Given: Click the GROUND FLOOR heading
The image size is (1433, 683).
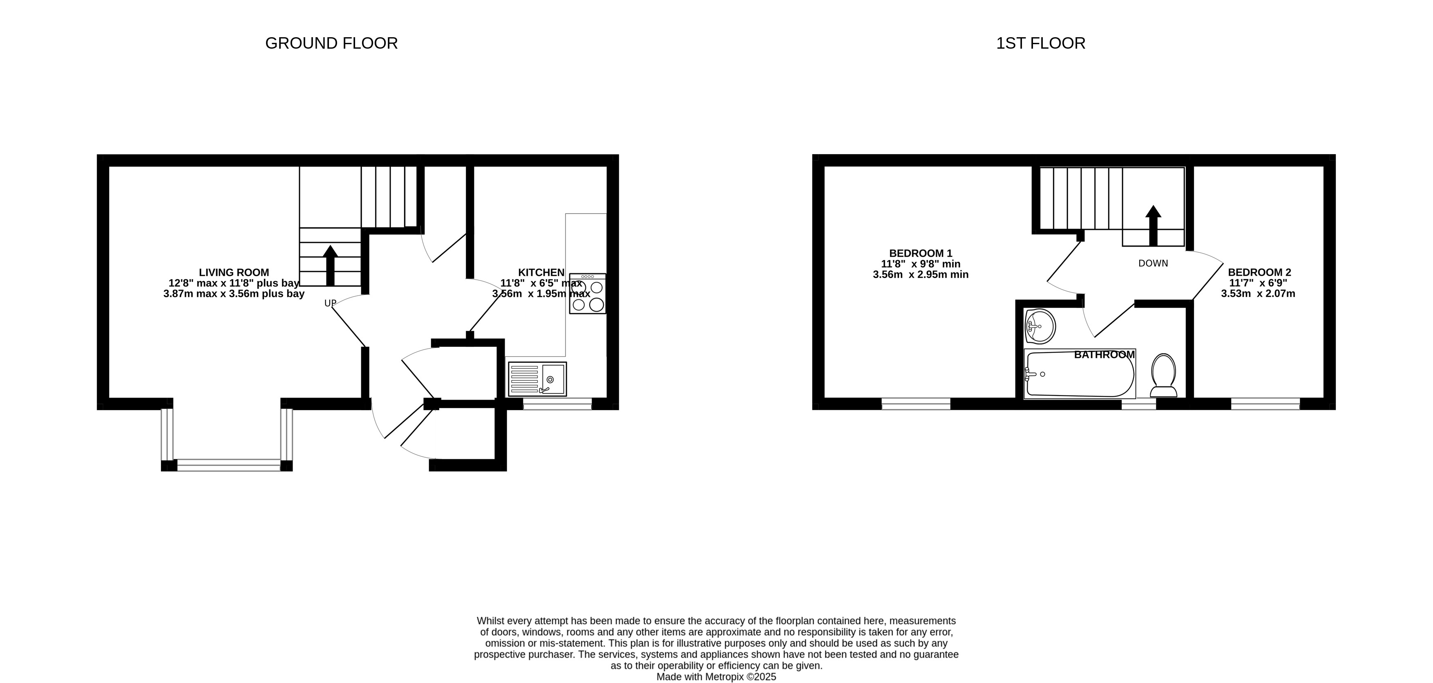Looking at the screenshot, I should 331,43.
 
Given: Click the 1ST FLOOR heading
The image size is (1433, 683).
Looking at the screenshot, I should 1040,43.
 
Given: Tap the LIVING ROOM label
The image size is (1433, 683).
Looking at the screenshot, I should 234,273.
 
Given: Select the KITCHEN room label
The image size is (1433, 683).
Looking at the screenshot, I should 541,273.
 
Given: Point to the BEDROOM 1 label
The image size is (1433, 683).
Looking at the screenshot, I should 920,253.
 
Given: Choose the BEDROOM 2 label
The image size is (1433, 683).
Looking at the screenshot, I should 1259,273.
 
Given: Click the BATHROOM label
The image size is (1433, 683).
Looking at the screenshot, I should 1104,355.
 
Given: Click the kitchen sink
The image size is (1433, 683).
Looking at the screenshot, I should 537,379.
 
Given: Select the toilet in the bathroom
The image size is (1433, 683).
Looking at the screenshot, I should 1163,376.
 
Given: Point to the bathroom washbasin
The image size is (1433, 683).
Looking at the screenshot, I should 1040,327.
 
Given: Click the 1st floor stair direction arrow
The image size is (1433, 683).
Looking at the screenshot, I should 1153,225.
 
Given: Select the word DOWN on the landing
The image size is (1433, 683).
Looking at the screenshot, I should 1153,264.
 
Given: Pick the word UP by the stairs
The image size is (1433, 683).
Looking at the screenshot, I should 330,303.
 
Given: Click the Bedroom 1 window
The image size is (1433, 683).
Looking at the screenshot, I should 916,404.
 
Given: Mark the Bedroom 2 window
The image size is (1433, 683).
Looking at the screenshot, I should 1265,404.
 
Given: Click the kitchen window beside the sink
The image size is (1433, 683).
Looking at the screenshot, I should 557,404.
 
